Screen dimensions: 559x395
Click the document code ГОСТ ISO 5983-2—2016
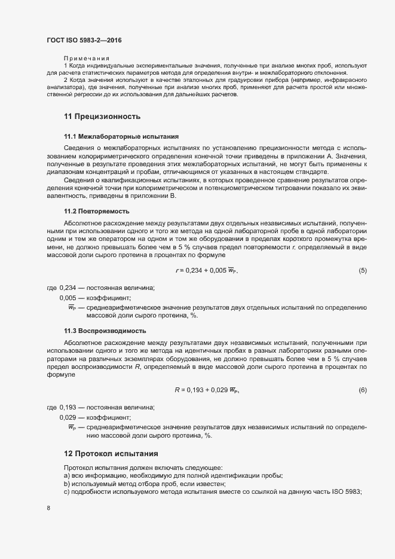[85, 40]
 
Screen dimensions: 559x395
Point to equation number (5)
[362, 270]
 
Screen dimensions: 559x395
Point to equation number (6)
[362, 390]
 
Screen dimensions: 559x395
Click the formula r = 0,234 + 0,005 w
[206, 271]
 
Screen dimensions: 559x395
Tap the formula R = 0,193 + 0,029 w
[207, 390]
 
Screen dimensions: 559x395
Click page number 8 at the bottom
[48, 508]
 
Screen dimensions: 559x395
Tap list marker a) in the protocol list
[67, 475]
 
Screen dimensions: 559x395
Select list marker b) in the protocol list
[67, 483]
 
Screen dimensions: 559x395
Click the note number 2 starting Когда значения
[65, 79]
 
